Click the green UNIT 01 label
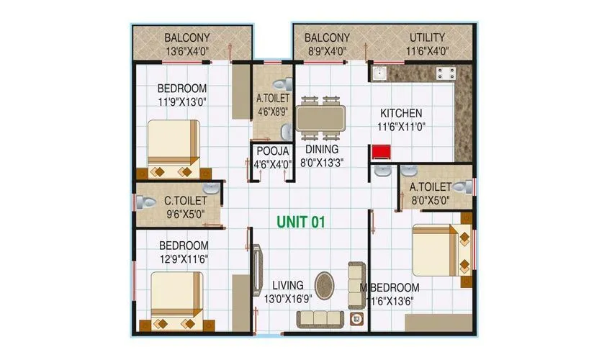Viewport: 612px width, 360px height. click(x=301, y=222)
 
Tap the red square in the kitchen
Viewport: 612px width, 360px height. click(x=379, y=151)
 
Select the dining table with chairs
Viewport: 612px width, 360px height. click(x=320, y=117)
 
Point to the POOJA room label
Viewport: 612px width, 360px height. click(x=272, y=151)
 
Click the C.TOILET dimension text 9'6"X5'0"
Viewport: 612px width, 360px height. click(x=185, y=213)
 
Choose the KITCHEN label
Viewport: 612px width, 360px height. click(x=401, y=113)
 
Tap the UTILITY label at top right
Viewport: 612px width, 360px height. click(x=427, y=37)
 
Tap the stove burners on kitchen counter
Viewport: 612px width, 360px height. click(x=444, y=72)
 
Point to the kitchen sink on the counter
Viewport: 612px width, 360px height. click(x=379, y=73)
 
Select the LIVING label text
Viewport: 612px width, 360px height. click(x=288, y=285)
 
